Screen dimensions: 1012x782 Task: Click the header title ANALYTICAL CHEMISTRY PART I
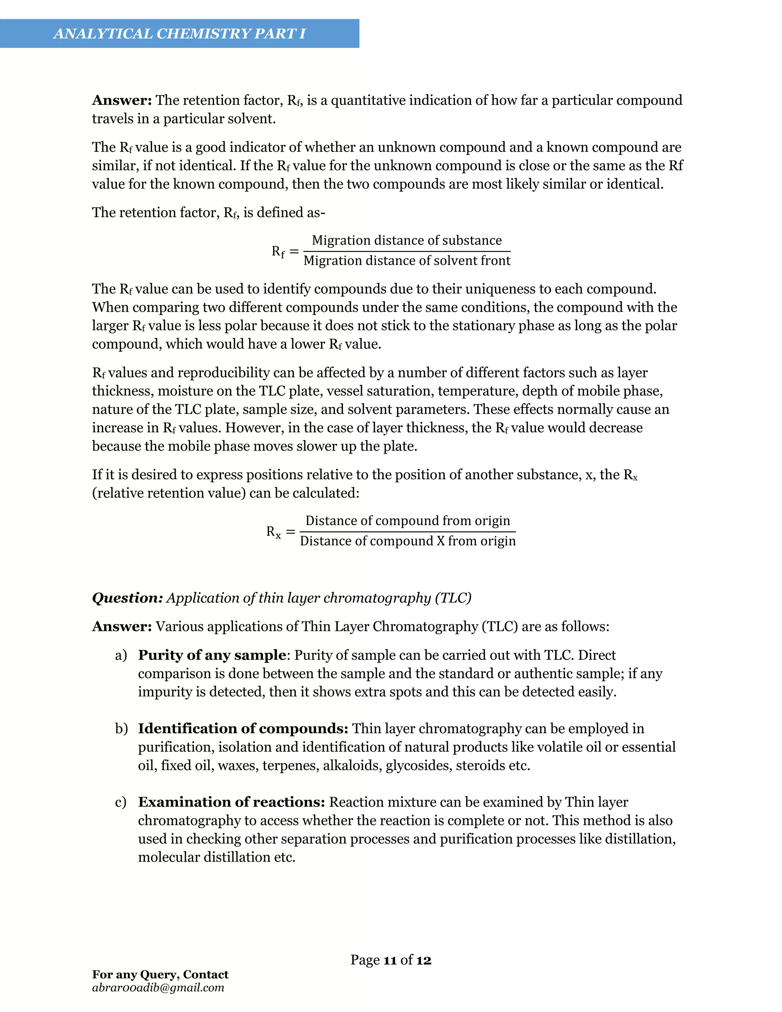pos(179,33)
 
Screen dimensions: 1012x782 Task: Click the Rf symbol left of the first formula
pos(278,252)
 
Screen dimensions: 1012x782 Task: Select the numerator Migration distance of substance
pos(407,240)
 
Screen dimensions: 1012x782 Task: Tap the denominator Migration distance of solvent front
pos(407,261)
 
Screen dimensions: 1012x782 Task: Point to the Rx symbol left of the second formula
pos(273,532)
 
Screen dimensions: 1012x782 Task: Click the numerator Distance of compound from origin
pos(408,521)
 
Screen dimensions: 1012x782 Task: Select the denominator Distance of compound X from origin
pos(408,541)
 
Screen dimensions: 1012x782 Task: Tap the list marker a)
pos(121,655)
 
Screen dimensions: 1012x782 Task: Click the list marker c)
pos(120,802)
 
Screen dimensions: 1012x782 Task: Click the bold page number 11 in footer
pos(390,960)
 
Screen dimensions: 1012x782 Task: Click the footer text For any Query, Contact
pos(160,974)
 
